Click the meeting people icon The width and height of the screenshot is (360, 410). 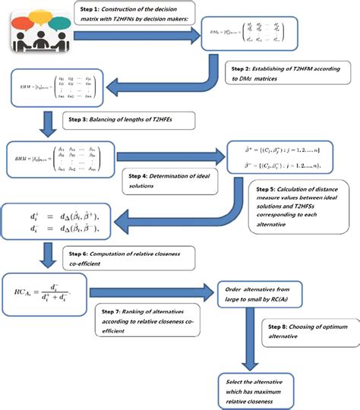coord(38,36)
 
